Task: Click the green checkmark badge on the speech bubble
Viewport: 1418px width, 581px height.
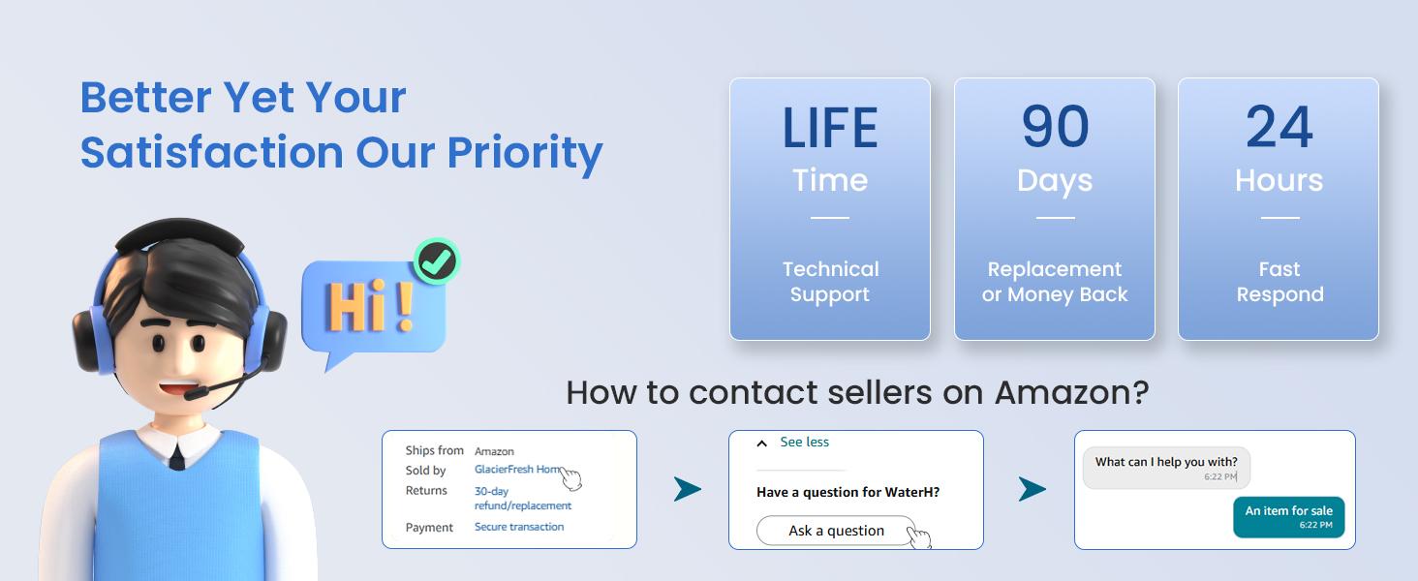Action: [437, 260]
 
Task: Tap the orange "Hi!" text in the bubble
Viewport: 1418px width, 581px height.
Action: [370, 307]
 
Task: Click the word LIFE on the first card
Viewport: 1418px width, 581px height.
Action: [830, 128]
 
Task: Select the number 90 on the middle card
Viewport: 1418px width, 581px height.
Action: [1056, 127]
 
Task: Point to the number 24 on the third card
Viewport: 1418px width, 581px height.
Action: [1279, 127]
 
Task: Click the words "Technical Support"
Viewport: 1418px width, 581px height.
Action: [830, 282]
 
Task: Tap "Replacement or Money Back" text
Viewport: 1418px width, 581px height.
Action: [1055, 282]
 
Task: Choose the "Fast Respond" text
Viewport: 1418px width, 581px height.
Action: [1280, 282]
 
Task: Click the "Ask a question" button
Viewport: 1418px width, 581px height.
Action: [836, 531]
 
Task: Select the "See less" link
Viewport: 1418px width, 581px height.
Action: [804, 442]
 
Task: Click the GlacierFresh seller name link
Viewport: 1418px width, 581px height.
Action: [518, 469]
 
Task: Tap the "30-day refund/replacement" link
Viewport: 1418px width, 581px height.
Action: [523, 498]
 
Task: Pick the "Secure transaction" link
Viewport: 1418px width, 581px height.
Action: [519, 527]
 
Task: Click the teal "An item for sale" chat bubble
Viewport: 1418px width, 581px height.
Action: [1289, 517]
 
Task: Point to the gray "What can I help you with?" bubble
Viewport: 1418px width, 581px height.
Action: [1166, 468]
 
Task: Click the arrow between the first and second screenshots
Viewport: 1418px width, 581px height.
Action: [688, 489]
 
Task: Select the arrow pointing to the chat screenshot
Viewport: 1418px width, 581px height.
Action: [1032, 489]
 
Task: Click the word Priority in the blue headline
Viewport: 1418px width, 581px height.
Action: [525, 154]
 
